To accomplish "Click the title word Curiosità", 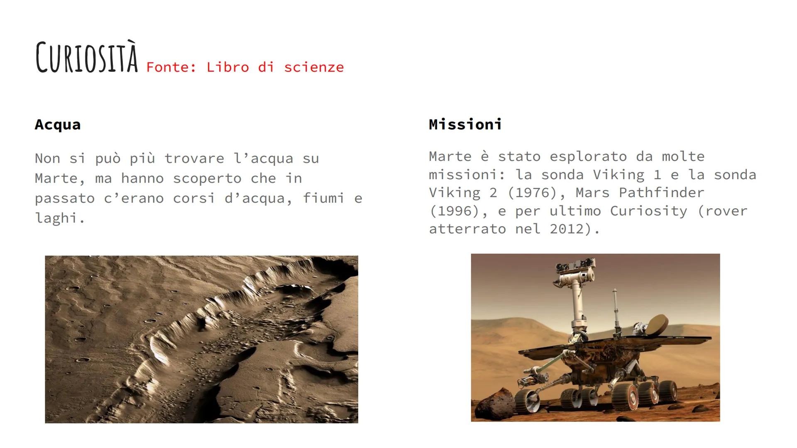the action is [x=87, y=58].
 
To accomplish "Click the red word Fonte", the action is [x=171, y=67].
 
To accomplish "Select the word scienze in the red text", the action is [x=314, y=67].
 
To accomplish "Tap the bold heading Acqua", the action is [x=58, y=125].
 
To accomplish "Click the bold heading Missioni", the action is [x=465, y=124].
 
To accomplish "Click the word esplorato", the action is [x=588, y=156].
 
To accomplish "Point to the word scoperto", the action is [x=207, y=178].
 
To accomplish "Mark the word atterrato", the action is [x=467, y=229].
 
